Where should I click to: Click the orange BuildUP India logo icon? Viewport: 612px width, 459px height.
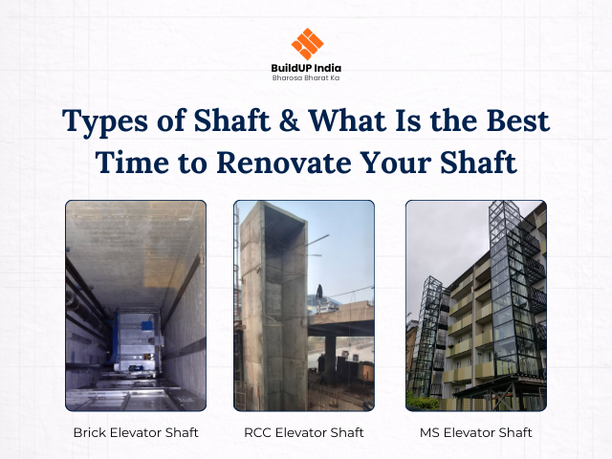pyautogui.click(x=307, y=43)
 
